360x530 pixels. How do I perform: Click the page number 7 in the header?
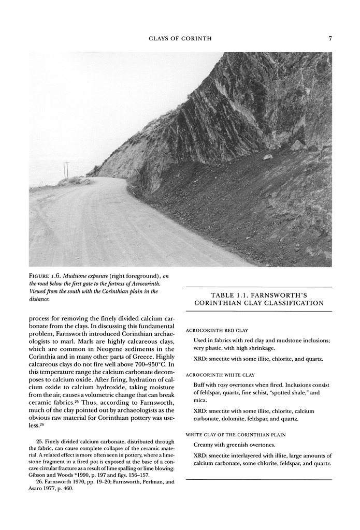[329, 38]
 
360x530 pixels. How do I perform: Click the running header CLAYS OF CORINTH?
[180, 38]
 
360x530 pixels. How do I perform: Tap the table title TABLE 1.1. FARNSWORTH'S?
[258, 295]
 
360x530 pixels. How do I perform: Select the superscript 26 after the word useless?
[40, 424]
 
